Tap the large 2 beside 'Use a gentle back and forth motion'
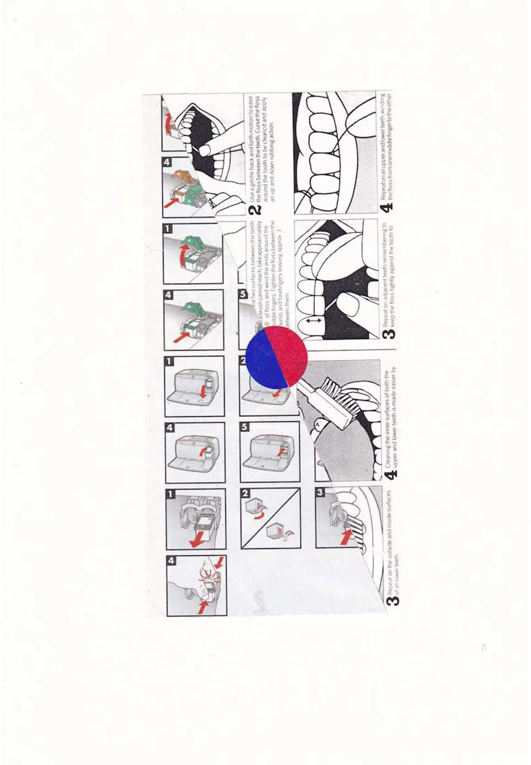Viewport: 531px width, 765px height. pos(254,209)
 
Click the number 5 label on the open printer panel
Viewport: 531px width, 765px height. pos(245,427)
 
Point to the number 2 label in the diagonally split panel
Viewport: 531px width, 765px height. pos(245,493)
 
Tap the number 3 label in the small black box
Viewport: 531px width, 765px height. pos(320,493)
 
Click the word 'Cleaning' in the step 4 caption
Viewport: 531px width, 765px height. pos(389,451)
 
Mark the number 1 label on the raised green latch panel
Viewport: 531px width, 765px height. pos(169,228)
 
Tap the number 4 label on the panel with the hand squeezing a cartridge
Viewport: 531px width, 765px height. pos(171,561)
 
